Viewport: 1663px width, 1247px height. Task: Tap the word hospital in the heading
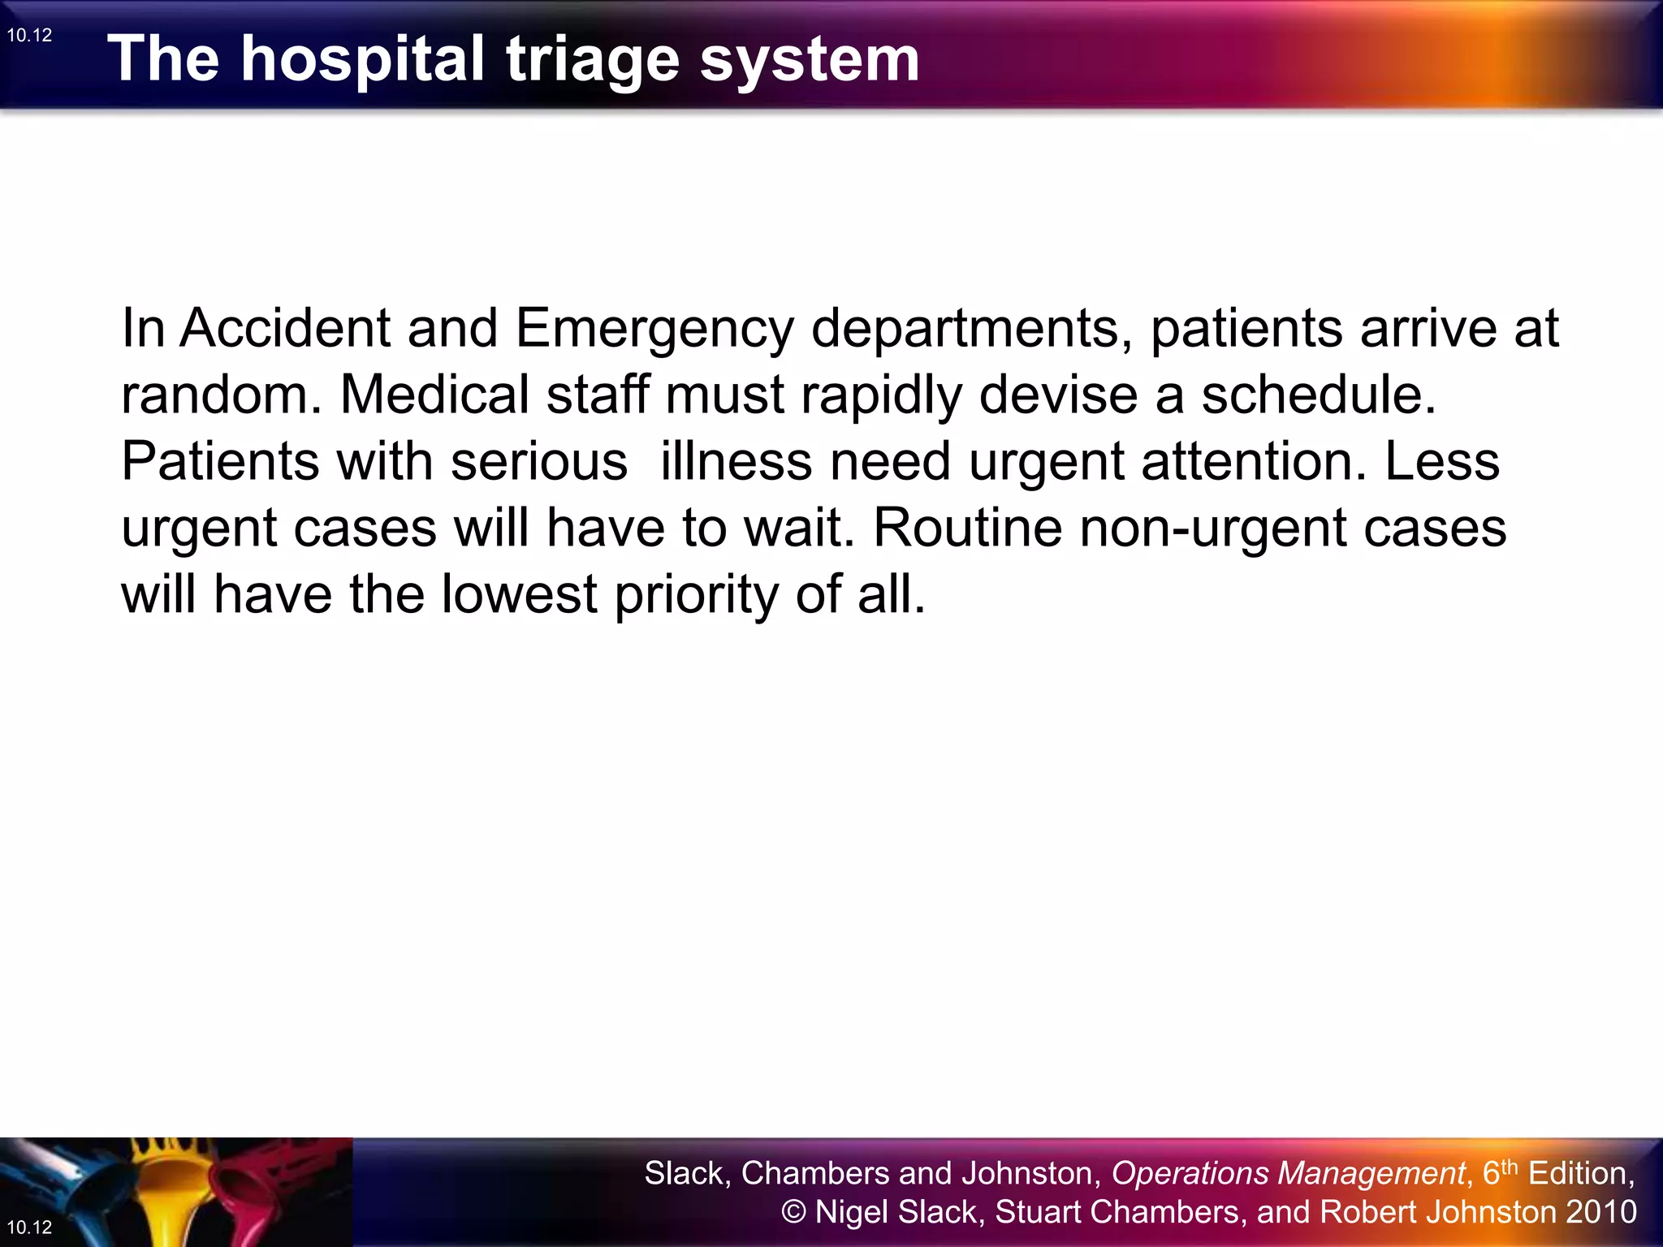[363, 60]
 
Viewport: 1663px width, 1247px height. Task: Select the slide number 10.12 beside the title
[29, 35]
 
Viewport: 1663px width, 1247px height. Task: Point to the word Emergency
[654, 330]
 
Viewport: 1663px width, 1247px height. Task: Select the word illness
[736, 461]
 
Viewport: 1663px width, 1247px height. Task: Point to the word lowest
[520, 594]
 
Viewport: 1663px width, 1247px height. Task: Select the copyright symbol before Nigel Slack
[793, 1212]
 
